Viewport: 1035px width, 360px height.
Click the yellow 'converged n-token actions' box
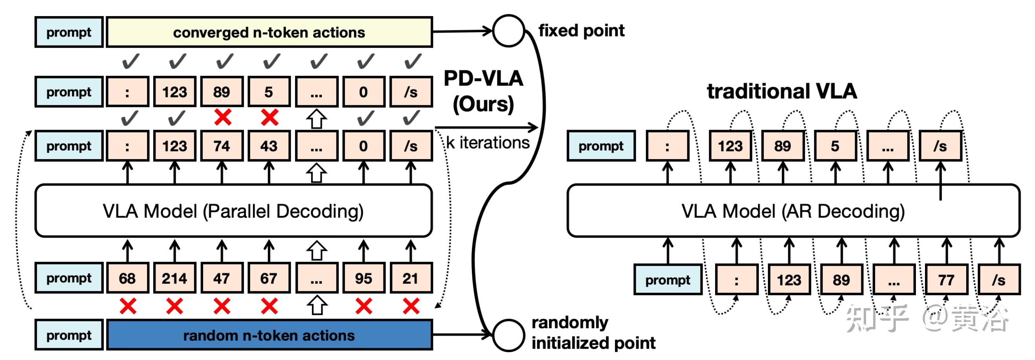point(269,32)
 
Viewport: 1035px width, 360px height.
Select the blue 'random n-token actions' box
point(269,335)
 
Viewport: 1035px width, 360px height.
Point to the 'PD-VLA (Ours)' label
point(483,91)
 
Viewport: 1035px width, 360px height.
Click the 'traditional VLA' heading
point(782,91)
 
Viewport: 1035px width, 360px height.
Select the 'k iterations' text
point(488,143)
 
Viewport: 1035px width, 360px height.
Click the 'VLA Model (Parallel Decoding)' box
point(233,211)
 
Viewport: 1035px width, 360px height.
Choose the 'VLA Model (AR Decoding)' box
point(793,211)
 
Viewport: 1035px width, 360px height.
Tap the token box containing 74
point(222,146)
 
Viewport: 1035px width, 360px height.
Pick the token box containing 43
point(269,146)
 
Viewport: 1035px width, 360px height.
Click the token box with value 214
point(174,278)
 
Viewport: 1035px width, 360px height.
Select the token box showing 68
point(127,278)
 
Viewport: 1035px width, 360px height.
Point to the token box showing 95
point(363,278)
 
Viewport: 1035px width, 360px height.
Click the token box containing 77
point(946,280)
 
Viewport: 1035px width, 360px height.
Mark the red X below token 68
point(128,307)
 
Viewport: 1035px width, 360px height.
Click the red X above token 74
point(222,118)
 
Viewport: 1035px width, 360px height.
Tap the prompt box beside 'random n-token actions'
point(69,335)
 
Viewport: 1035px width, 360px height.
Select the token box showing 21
point(411,278)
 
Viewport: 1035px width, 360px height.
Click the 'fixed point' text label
point(582,31)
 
